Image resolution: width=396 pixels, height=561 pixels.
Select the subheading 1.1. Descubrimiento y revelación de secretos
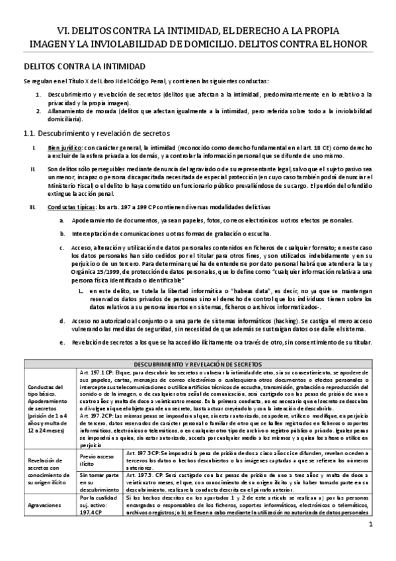tap(97, 133)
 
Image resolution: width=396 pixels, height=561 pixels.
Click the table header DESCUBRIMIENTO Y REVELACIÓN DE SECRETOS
tap(198, 364)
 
